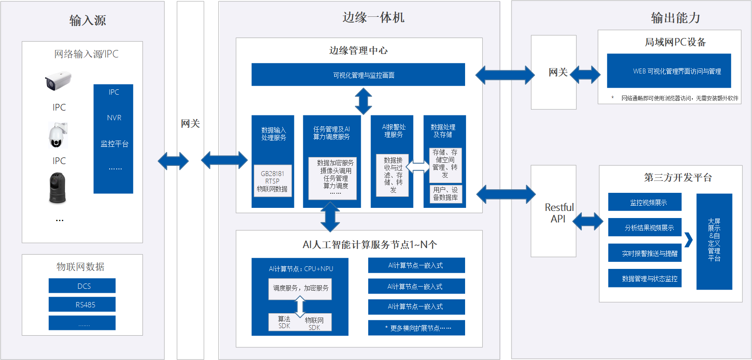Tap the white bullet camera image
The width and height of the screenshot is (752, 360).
[x=58, y=81]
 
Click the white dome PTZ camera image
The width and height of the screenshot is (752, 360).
[x=57, y=135]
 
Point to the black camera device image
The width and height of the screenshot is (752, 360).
[x=57, y=188]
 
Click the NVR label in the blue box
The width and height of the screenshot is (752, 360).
[x=114, y=118]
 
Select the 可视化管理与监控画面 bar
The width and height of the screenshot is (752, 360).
[x=358, y=75]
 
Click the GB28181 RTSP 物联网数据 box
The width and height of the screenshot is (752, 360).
[x=272, y=181]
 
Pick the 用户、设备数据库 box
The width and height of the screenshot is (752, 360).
[x=445, y=194]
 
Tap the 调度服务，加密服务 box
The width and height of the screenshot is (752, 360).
[x=300, y=288]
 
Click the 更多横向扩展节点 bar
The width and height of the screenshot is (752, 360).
[x=416, y=328]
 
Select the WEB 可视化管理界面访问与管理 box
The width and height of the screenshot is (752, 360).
[x=668, y=71]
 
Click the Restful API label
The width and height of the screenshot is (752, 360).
[x=559, y=213]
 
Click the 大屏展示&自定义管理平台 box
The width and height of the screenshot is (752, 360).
[x=714, y=241]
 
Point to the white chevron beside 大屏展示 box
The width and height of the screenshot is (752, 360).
[x=688, y=240]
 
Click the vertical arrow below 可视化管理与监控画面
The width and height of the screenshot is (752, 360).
[x=363, y=101]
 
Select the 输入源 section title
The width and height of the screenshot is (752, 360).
[x=88, y=20]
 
